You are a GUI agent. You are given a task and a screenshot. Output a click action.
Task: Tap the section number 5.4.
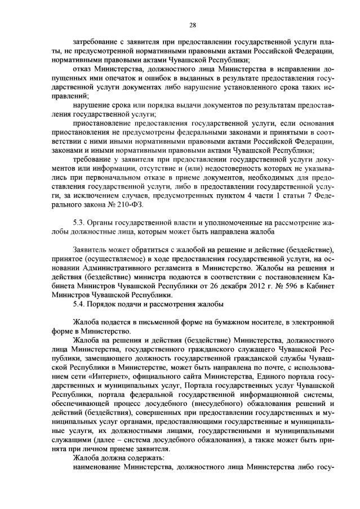pos(80,305)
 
